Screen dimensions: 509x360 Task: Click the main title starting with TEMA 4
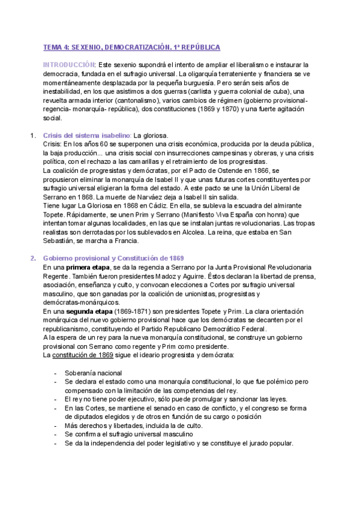132,47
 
